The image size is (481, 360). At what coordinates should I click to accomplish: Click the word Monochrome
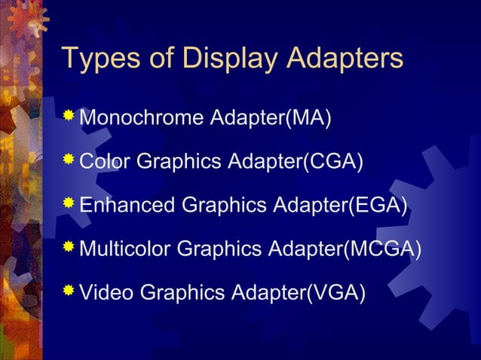tap(141, 118)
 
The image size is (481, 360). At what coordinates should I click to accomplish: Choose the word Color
tap(105, 161)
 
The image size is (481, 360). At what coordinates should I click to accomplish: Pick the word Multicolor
tap(125, 248)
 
